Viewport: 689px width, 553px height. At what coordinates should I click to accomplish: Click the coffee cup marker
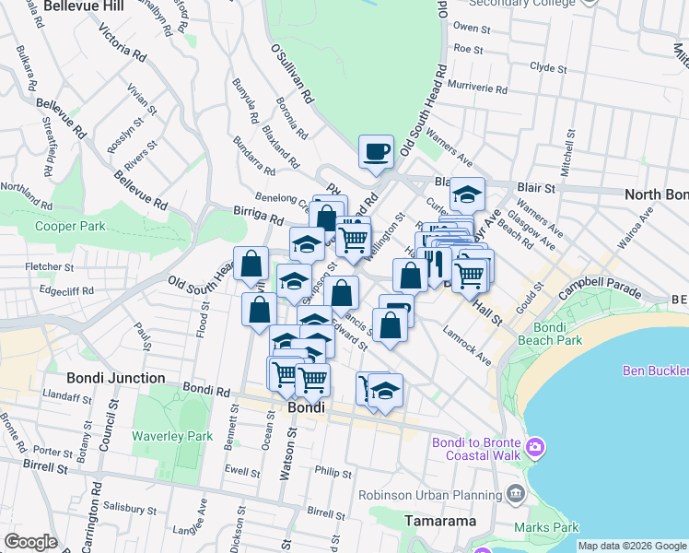pyautogui.click(x=376, y=151)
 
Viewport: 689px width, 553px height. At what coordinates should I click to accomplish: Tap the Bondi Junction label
pyautogui.click(x=116, y=378)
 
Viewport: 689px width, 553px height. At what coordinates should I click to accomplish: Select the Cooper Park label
pyautogui.click(x=70, y=226)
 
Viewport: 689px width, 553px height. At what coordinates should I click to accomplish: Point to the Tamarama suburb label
pyautogui.click(x=440, y=521)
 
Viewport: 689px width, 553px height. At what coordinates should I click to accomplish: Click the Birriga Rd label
pyautogui.click(x=257, y=218)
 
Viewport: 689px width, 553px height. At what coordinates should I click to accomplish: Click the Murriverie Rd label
pyautogui.click(x=477, y=88)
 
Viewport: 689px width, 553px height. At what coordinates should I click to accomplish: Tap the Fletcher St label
pyautogui.click(x=50, y=267)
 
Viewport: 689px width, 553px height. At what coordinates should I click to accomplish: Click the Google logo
pyautogui.click(x=30, y=542)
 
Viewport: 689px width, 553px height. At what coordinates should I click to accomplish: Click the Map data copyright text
pyautogui.click(x=631, y=546)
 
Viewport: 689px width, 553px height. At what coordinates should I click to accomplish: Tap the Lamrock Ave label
pyautogui.click(x=468, y=345)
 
